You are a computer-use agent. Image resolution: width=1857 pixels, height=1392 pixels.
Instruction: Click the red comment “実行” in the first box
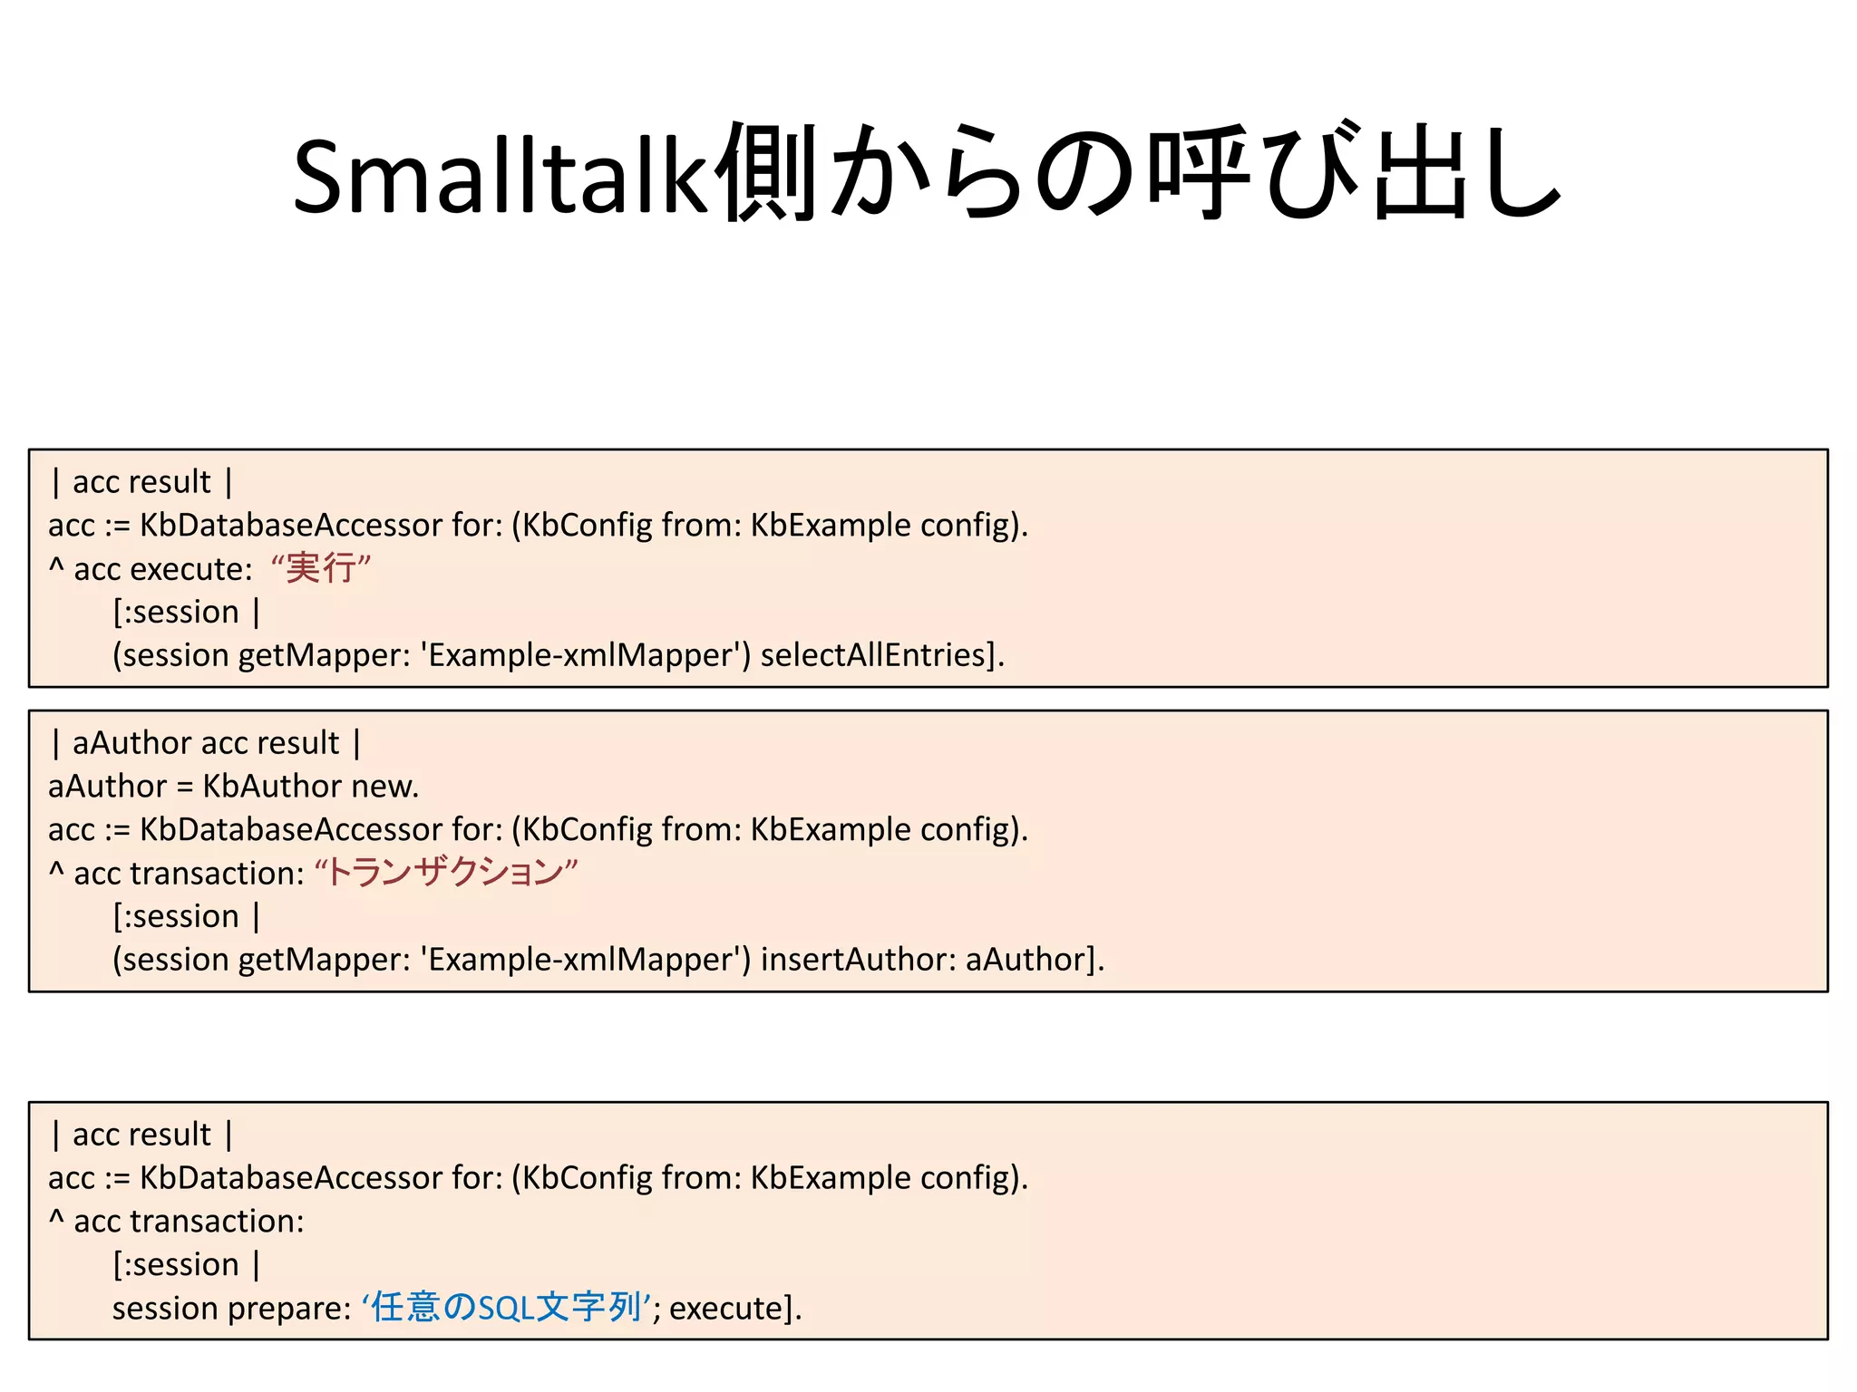[321, 568]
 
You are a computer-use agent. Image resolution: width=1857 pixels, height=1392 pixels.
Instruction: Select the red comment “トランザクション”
[445, 873]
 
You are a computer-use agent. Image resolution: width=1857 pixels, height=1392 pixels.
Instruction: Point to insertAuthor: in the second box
[858, 959]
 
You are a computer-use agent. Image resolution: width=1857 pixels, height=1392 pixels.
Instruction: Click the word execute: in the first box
[191, 569]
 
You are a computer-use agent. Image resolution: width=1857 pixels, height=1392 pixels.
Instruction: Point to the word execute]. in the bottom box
[735, 1309]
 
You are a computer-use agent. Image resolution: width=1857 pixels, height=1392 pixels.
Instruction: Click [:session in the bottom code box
[176, 1264]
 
